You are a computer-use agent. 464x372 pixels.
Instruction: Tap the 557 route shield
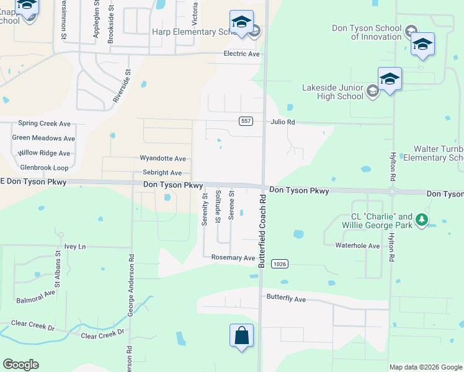tap(246, 121)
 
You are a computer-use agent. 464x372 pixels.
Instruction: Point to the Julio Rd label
tap(282, 122)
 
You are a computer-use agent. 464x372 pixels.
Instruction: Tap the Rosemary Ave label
tap(233, 258)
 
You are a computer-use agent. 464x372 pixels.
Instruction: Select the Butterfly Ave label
tap(286, 299)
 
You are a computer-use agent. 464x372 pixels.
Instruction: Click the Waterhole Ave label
tap(357, 246)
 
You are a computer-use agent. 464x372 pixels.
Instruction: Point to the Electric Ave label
tap(242, 54)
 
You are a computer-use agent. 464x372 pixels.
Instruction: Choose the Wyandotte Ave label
tap(163, 159)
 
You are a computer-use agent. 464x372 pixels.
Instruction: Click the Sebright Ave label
tap(162, 173)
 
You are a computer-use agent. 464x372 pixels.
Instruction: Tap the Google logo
tap(20, 365)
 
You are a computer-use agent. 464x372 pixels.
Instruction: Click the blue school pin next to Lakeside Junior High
tap(390, 79)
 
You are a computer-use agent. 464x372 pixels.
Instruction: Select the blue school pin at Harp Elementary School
tap(241, 23)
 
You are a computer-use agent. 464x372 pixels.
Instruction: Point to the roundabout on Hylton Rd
tap(392, 192)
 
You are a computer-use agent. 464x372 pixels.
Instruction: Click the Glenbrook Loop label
tap(44, 167)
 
